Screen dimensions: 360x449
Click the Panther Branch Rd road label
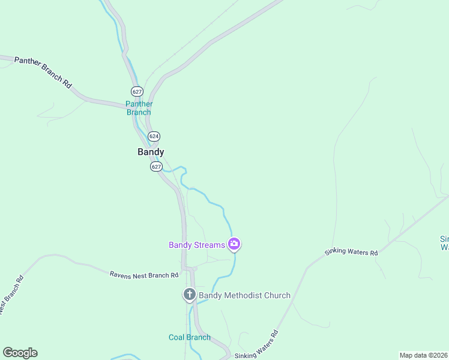pos(43,73)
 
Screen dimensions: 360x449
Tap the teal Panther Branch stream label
pos(139,108)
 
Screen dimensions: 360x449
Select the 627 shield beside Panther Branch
pos(137,92)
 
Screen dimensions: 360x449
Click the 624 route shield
pos(154,137)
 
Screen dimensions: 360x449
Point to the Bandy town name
pos(151,152)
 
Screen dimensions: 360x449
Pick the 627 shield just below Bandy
pos(156,166)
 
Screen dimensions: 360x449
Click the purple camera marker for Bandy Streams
pos(234,244)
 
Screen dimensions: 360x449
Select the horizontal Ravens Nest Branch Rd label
pos(144,275)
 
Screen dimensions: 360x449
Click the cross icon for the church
pos(189,295)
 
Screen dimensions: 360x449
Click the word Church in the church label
pos(277,295)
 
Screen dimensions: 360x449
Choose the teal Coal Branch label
pos(190,337)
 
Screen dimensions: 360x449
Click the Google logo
pos(20,353)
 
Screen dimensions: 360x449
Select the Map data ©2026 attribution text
pos(423,355)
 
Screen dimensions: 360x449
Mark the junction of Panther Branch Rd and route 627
pos(133,106)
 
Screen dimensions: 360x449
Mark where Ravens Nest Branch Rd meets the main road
pos(188,268)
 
